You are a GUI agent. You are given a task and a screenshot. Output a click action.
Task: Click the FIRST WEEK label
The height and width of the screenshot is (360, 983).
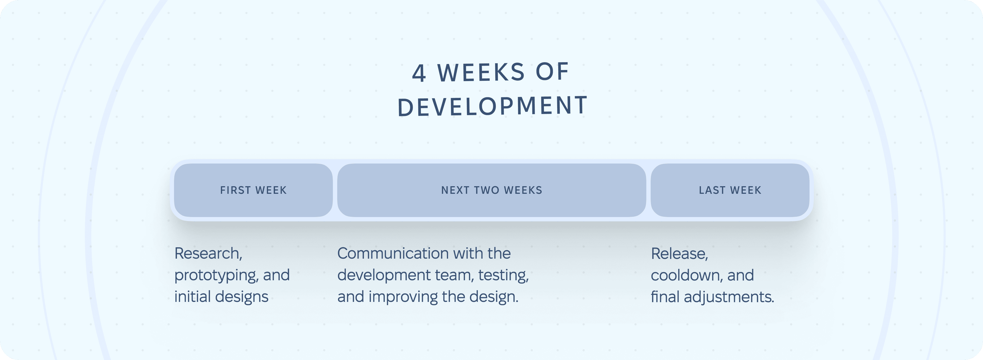click(253, 190)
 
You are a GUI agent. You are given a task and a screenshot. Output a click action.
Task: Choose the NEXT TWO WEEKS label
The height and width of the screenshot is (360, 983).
click(492, 190)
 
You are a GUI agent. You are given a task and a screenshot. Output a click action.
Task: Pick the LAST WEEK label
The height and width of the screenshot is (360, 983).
click(730, 190)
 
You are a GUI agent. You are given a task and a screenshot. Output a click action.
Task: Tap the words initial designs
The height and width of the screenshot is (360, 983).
click(221, 297)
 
